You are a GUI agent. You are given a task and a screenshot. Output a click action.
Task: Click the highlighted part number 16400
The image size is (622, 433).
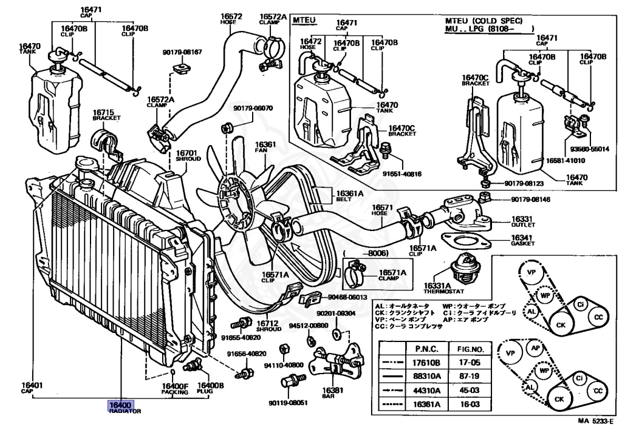(120, 404)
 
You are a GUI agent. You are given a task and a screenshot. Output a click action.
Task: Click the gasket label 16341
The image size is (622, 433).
(521, 238)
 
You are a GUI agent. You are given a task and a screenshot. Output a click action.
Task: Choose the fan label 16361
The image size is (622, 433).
(265, 145)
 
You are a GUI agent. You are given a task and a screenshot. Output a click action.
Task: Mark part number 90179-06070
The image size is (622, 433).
(253, 109)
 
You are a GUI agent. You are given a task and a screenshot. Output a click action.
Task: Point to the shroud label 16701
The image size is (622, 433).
(186, 153)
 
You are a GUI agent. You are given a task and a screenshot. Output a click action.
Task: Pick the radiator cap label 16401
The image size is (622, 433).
(32, 385)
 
